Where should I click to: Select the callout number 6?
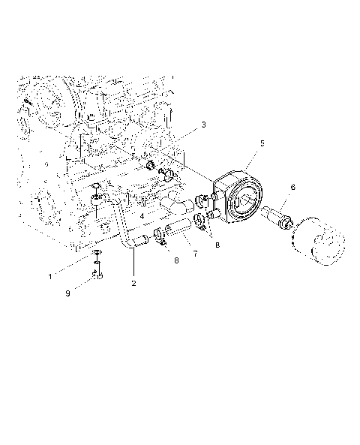coord(292,187)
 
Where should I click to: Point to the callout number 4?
coord(142,216)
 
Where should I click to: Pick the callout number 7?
coord(195,254)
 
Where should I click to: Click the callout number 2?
coord(133,284)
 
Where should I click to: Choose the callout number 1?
coord(51,276)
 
